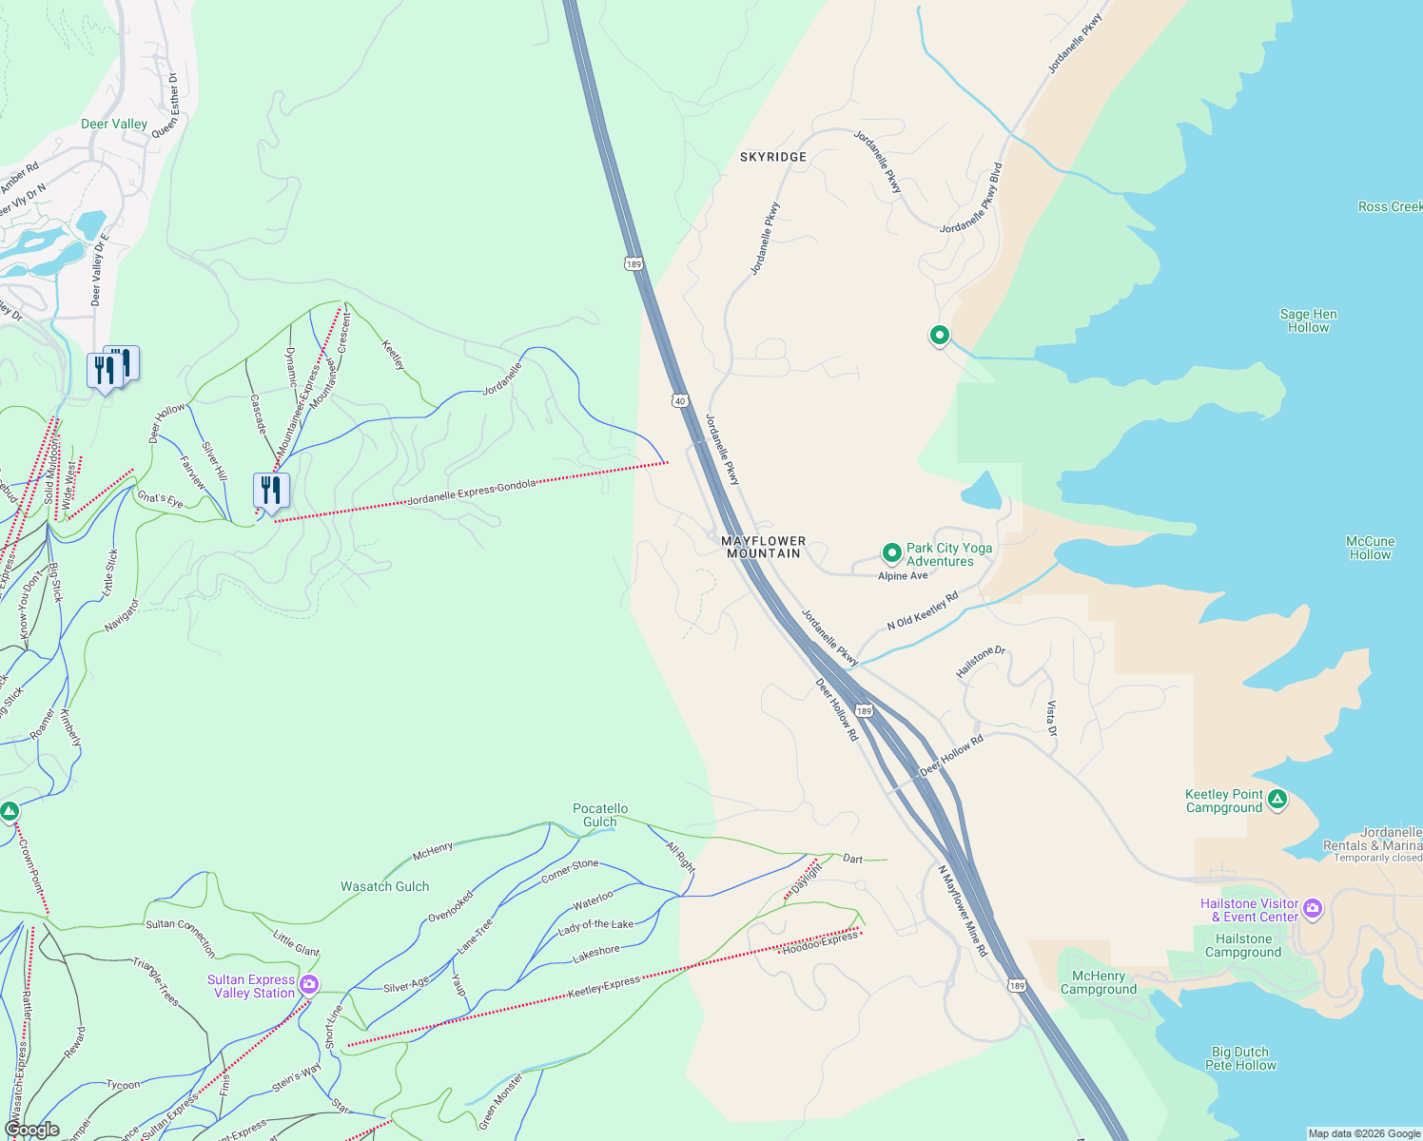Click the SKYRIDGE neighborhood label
(x=772, y=157)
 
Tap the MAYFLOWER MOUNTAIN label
(x=763, y=547)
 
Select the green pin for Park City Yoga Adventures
(x=891, y=552)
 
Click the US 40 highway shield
(x=679, y=400)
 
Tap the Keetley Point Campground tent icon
(x=1277, y=800)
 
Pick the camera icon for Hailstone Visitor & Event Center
(x=1313, y=909)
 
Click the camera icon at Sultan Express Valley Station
(x=308, y=985)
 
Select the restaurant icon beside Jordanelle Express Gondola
(x=271, y=491)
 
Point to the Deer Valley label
(x=114, y=124)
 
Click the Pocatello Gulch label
(x=599, y=815)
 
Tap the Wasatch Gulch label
(x=384, y=886)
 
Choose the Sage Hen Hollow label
(x=1308, y=320)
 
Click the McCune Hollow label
(x=1370, y=548)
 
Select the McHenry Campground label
(x=1098, y=982)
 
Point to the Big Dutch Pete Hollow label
(x=1239, y=1058)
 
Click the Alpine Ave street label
(x=902, y=576)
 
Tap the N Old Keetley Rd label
(x=922, y=610)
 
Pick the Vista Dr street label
(x=1051, y=719)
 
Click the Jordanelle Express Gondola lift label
(x=471, y=492)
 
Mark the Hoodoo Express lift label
(x=819, y=942)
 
